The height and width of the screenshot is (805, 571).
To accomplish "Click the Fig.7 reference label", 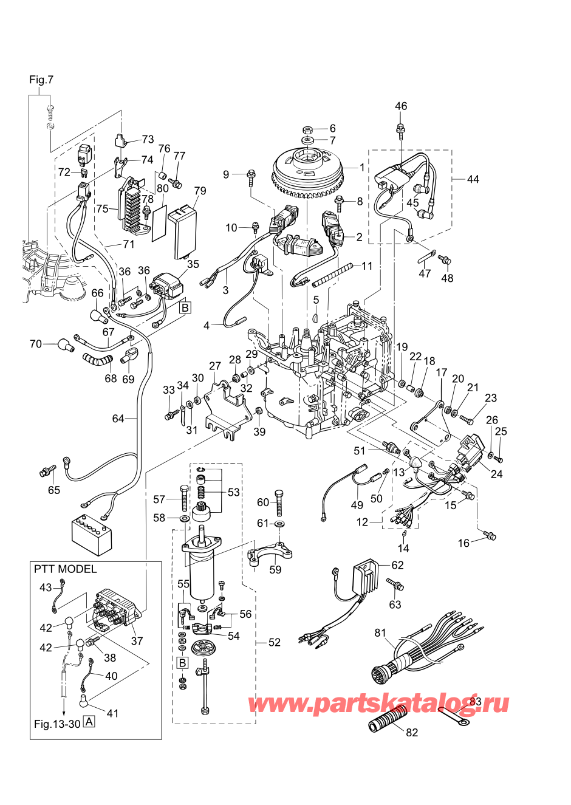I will [x=41, y=80].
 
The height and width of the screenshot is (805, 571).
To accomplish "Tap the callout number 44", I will [x=473, y=179].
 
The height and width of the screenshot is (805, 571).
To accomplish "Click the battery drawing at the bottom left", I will [x=92, y=535].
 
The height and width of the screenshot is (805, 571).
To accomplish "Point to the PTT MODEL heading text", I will [x=65, y=569].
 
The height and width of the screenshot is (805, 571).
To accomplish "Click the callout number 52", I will [x=274, y=642].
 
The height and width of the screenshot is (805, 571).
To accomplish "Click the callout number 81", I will [x=380, y=633].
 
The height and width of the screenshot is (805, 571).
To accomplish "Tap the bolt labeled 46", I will [x=400, y=129].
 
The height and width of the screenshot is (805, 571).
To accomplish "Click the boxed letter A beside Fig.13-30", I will [x=89, y=722].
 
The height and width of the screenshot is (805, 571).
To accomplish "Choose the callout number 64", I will [x=118, y=419].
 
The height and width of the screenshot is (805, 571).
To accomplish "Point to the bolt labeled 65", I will [x=46, y=471].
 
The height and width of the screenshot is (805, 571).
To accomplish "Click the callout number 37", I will [x=137, y=641].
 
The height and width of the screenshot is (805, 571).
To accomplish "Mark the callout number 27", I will [x=215, y=366].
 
